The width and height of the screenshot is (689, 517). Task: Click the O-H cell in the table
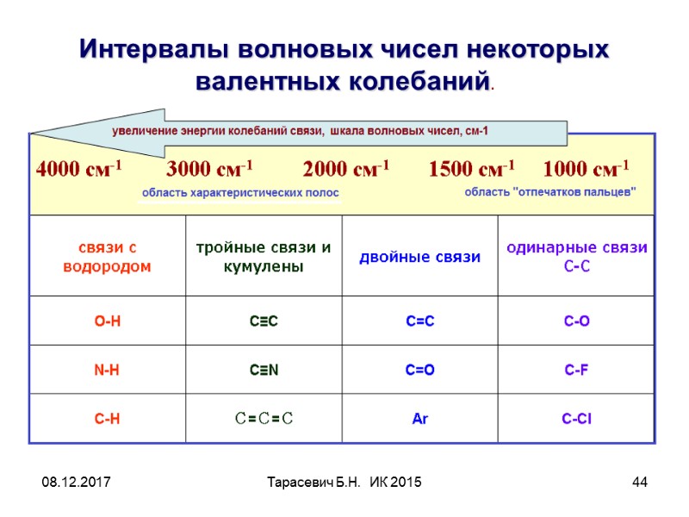[108, 321]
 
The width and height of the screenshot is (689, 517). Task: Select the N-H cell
[108, 371]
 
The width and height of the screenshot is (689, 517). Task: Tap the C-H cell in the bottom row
[108, 420]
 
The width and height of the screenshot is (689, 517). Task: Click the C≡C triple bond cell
[264, 321]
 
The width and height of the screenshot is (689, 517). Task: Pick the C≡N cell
[264, 371]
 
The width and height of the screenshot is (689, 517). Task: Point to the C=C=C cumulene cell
[264, 420]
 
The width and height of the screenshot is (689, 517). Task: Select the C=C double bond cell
[420, 321]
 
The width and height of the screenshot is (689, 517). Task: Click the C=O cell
[420, 371]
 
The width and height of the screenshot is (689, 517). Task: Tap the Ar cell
[420, 420]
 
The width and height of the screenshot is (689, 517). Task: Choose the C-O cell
[577, 321]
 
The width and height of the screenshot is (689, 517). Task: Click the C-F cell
[577, 371]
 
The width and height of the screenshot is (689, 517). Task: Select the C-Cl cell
[577, 420]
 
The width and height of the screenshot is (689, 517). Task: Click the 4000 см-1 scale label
[78, 168]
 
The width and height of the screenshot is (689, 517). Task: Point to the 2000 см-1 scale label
[346, 168]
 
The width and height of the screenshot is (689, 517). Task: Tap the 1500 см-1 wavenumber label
[471, 168]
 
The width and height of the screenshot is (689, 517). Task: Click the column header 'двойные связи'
[420, 257]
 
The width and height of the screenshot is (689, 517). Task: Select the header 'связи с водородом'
[108, 257]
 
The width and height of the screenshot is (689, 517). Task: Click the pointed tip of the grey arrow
[34, 132]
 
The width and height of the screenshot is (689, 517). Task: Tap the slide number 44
[639, 481]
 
